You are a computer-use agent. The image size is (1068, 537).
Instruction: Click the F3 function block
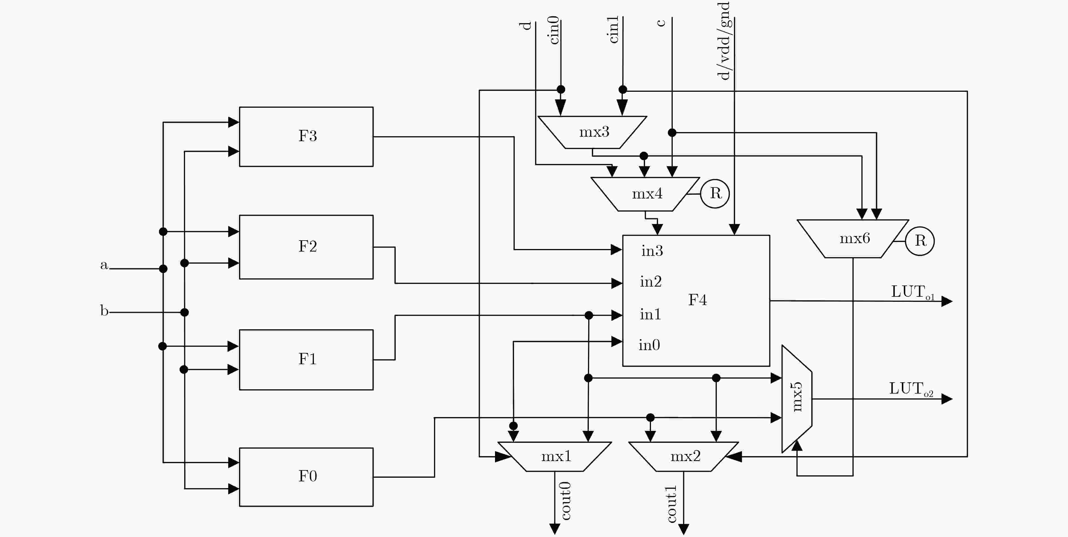click(x=306, y=137)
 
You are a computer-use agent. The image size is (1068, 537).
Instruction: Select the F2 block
click(x=306, y=247)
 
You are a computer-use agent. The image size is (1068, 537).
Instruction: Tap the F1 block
click(x=306, y=360)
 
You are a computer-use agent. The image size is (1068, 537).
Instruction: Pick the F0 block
click(x=306, y=477)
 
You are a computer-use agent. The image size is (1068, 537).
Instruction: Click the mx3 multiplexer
click(x=592, y=132)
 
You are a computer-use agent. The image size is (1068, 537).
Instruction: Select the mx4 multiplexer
click(x=645, y=194)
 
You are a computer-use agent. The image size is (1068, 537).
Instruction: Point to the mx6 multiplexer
click(x=853, y=239)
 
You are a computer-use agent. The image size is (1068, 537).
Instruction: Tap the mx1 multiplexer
click(x=555, y=457)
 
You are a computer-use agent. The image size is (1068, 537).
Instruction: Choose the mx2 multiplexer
click(x=684, y=457)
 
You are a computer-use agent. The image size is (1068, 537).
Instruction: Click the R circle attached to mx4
click(x=715, y=193)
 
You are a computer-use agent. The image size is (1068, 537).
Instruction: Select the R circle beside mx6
click(x=920, y=241)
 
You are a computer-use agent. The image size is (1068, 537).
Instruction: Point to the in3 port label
click(x=652, y=251)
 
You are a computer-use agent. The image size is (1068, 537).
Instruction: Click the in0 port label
click(x=649, y=345)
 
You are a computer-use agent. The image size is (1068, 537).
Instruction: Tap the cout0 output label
click(x=566, y=501)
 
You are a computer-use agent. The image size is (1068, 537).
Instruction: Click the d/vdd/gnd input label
click(x=724, y=41)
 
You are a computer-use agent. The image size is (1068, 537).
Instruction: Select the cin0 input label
click(x=554, y=30)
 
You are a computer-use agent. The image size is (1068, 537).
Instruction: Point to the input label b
click(x=104, y=310)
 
